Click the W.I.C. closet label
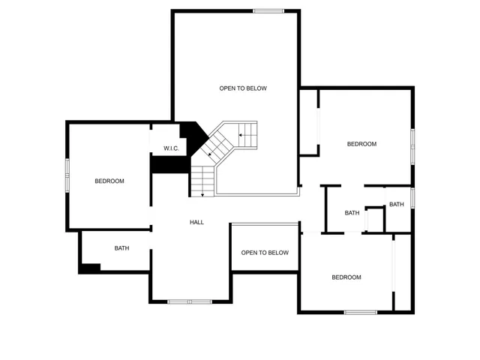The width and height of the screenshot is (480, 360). pos(171,148)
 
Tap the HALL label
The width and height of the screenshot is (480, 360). pos(196,222)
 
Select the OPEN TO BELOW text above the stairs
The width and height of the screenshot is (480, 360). pos(243,88)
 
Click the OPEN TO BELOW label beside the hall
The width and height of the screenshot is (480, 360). pos(265,253)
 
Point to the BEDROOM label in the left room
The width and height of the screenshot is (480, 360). pos(109,181)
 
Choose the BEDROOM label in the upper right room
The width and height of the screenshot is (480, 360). pos(361,144)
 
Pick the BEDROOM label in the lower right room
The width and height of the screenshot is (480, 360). pos(346,277)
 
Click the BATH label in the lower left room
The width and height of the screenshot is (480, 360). pos(121,248)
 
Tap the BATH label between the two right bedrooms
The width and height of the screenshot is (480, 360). pos(352,213)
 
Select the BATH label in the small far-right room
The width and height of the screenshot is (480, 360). pos(397,205)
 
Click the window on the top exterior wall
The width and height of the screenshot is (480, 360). pos(268,10)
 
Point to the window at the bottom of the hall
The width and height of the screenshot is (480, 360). pos(190,301)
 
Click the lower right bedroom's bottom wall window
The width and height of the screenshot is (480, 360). pos(360,311)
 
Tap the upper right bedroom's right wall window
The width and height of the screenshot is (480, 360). pos(412,145)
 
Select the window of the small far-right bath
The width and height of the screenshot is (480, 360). pos(412,198)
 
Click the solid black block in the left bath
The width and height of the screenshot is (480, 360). pos(90,268)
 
